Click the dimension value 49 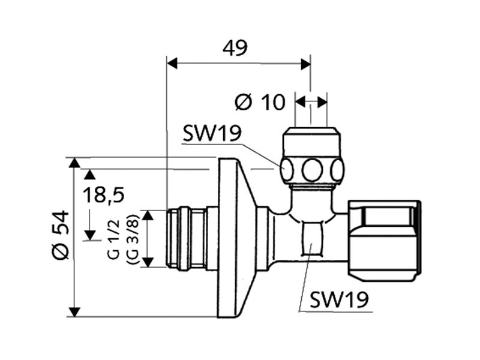click(235, 48)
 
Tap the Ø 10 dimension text click(260, 102)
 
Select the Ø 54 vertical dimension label click(60, 235)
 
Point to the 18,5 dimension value click(103, 194)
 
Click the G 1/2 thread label click(114, 238)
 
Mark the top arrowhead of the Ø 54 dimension click(74, 163)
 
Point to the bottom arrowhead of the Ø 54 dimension click(74, 312)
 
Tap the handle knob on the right click(385, 240)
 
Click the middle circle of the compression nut click(312, 169)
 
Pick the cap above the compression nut click(311, 140)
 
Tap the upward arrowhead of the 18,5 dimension click(89, 174)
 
